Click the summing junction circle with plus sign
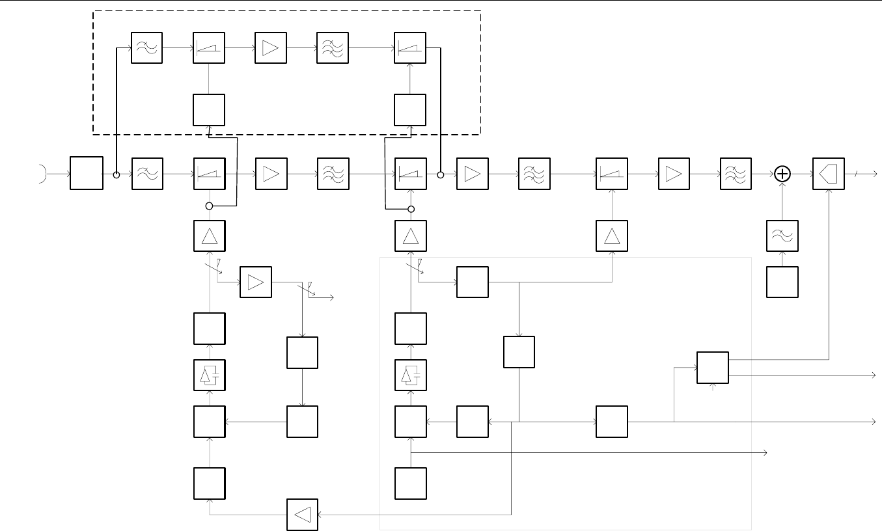pyautogui.click(x=783, y=174)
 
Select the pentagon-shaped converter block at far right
pyautogui.click(x=829, y=174)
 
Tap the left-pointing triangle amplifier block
pyautogui.click(x=303, y=514)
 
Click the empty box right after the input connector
pyautogui.click(x=86, y=174)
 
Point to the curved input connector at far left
pyautogui.click(x=44, y=174)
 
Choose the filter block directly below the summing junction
pyautogui.click(x=783, y=236)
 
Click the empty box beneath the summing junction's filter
pyautogui.click(x=783, y=282)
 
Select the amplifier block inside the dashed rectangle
pyautogui.click(x=271, y=48)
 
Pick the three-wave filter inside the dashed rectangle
pyautogui.click(x=333, y=48)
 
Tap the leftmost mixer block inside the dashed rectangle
pyautogui.click(x=209, y=48)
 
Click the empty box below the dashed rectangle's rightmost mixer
pyautogui.click(x=410, y=110)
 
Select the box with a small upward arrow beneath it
pyautogui.click(x=713, y=368)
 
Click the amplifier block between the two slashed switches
pyautogui.click(x=256, y=282)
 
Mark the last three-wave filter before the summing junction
pyautogui.click(x=736, y=174)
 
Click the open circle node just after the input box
pyautogui.click(x=117, y=174)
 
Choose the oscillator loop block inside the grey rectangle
pyautogui.click(x=410, y=375)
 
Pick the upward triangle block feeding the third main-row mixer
pyautogui.click(x=612, y=236)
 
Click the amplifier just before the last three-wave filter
pyautogui.click(x=674, y=174)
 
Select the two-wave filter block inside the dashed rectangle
pyautogui.click(x=147, y=48)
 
